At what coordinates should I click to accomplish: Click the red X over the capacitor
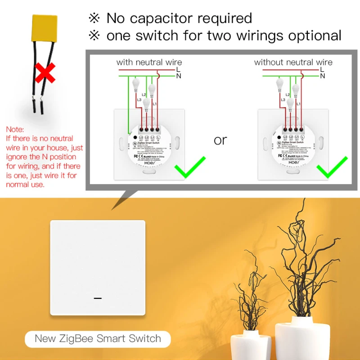[x=45, y=72]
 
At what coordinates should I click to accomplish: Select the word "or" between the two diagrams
[x=220, y=140]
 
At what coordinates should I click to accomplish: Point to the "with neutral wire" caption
[x=149, y=62]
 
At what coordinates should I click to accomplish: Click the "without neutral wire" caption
[x=293, y=62]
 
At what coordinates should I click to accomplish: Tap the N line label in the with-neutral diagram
[x=179, y=76]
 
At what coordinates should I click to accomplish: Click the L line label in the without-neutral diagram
[x=322, y=69]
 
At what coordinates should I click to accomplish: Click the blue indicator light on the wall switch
[x=98, y=298]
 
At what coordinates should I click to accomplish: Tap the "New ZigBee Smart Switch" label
[x=98, y=338]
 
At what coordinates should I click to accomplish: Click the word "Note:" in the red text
[x=15, y=130]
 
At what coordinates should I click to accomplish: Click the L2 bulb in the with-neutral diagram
[x=152, y=90]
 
